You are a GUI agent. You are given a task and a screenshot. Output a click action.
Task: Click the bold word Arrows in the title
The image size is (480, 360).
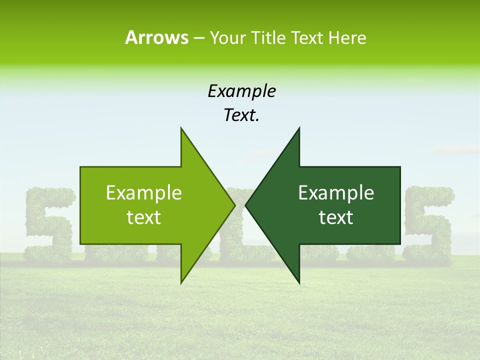pyautogui.click(x=156, y=37)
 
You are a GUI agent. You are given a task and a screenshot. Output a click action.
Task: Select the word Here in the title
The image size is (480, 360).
pyautogui.click(x=347, y=37)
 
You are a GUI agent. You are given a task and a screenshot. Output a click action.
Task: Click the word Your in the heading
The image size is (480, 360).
pyautogui.click(x=227, y=37)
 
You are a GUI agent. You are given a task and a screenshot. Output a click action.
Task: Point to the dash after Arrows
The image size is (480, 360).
pyautogui.click(x=198, y=38)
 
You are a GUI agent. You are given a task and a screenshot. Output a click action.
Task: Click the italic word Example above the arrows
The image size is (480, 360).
pyautogui.click(x=242, y=91)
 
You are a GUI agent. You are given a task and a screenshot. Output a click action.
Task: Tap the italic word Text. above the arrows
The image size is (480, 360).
pyautogui.click(x=242, y=115)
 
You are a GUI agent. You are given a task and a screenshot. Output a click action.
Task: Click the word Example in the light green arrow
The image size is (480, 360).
pyautogui.click(x=144, y=193)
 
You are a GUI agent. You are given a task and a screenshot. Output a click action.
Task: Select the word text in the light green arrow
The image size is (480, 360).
pyautogui.click(x=144, y=217)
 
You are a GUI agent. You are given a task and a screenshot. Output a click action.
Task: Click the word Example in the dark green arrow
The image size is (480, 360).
pyautogui.click(x=336, y=193)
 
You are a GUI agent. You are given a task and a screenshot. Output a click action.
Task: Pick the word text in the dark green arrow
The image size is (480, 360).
pyautogui.click(x=336, y=217)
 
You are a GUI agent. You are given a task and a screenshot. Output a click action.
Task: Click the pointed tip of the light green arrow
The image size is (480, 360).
pyautogui.click(x=235, y=205)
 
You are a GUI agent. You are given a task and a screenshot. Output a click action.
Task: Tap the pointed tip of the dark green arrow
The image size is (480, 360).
pyautogui.click(x=245, y=205)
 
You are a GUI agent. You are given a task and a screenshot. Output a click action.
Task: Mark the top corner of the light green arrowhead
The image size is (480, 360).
pyautogui.click(x=181, y=128)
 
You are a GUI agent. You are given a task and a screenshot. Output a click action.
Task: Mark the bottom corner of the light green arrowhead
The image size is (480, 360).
pyautogui.click(x=181, y=283)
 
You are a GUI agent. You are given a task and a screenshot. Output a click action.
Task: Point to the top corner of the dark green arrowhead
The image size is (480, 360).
pyautogui.click(x=299, y=128)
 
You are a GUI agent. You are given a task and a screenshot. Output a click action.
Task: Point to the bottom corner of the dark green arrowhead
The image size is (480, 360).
pyautogui.click(x=299, y=283)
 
